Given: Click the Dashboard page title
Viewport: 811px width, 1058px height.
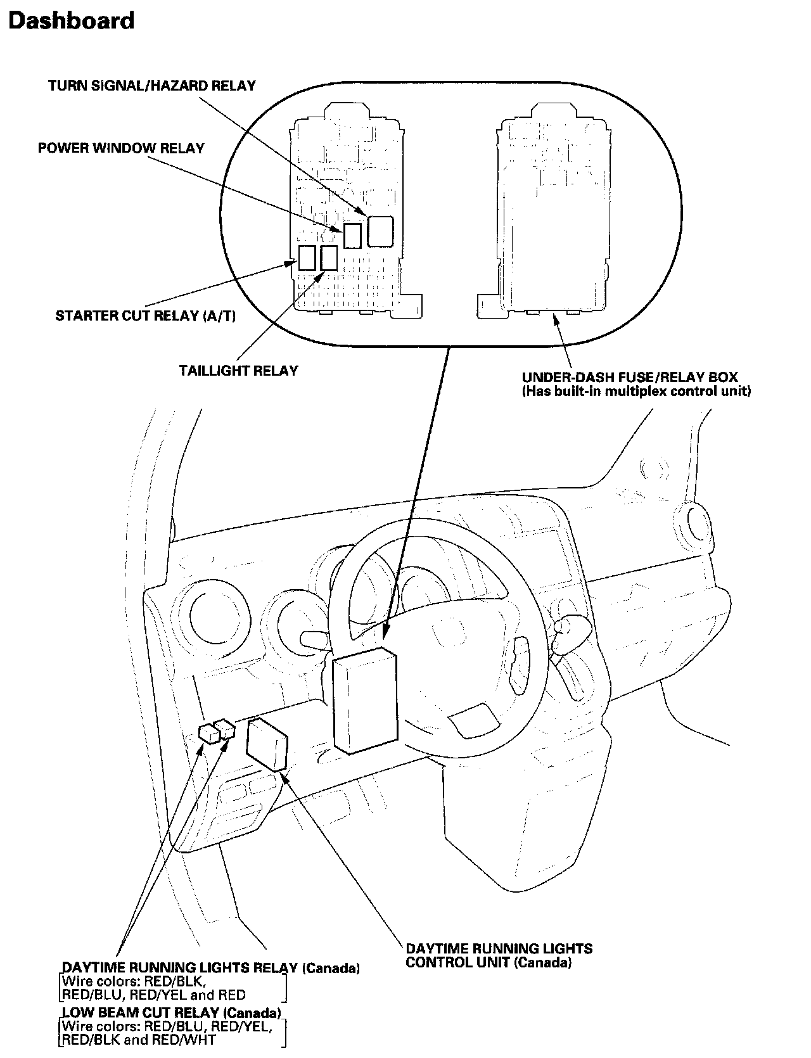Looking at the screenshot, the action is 71,21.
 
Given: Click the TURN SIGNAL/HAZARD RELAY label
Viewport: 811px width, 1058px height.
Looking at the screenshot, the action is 152,86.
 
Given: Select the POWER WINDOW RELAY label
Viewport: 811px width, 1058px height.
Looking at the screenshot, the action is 121,148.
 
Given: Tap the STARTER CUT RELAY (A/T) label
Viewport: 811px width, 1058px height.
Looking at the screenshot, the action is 146,315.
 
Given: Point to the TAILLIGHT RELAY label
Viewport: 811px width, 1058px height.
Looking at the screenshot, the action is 238,371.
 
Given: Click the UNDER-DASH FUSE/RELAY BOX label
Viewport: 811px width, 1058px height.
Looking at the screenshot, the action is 630,378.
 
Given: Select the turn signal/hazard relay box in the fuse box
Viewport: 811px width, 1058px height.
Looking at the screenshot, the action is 380,231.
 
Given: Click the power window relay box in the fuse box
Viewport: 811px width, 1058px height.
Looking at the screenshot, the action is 352,235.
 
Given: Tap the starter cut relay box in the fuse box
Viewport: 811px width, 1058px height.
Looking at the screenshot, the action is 307,258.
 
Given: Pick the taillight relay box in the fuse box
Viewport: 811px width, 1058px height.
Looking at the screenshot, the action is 329,258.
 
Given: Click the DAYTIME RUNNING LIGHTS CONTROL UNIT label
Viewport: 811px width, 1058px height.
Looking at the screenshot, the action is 499,955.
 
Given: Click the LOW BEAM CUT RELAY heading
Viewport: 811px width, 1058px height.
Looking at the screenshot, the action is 171,1013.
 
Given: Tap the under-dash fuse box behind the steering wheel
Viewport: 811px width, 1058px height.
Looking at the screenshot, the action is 365,700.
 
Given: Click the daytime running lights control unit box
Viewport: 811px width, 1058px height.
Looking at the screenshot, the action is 267,744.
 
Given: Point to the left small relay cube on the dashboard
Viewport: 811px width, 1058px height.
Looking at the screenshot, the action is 208,732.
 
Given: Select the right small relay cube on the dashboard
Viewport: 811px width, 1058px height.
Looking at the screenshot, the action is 226,729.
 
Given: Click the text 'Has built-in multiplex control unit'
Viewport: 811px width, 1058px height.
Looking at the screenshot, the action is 636,392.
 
